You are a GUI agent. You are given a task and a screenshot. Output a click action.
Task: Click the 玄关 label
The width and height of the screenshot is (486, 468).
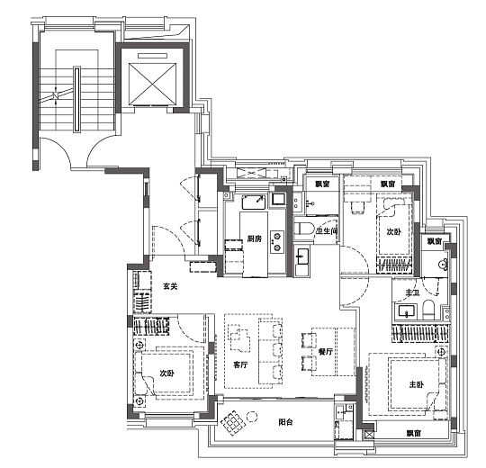170,287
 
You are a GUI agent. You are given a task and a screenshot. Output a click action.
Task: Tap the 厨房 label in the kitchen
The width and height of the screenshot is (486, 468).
255,238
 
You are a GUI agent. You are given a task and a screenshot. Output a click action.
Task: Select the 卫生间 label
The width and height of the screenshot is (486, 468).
327,231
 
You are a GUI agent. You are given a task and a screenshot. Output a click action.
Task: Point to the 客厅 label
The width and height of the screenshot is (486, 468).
240,364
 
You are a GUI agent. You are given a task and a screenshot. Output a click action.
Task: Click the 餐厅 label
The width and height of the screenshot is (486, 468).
326,352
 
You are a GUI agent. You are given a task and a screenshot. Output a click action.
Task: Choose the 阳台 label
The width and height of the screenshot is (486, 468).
285,422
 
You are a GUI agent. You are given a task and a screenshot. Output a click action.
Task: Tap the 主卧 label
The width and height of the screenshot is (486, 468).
416,385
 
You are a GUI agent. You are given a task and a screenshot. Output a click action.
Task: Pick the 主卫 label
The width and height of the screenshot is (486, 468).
412,292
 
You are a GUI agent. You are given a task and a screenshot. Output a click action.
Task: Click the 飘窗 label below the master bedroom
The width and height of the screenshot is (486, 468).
414,433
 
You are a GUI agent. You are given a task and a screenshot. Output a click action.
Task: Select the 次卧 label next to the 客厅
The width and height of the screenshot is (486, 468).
167,373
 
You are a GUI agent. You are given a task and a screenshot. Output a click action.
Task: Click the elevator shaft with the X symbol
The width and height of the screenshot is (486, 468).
152,84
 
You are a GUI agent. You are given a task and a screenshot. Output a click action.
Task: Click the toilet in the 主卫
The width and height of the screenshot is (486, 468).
428,309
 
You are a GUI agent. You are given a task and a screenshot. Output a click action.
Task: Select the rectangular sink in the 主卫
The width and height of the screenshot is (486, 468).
407,311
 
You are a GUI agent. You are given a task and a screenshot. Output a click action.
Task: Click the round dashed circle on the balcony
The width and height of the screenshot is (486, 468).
252,417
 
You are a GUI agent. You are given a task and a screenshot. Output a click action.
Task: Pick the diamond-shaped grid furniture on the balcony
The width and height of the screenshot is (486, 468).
232,423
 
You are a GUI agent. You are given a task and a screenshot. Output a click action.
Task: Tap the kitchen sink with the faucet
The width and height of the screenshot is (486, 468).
254,202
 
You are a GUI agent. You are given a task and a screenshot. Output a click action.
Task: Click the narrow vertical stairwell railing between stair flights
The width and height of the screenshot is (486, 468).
76,100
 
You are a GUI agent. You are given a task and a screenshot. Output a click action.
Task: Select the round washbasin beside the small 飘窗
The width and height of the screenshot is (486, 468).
444,264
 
